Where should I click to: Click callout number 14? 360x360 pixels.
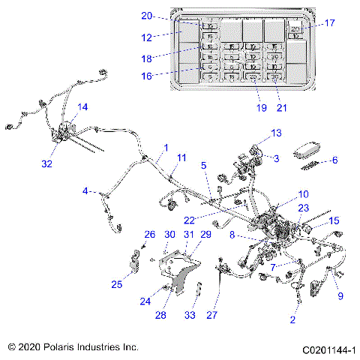[82, 107]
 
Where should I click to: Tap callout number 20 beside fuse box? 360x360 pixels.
[146, 16]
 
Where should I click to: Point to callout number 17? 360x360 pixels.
[329, 22]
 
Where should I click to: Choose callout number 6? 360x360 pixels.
[334, 160]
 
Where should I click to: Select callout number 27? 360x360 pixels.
[211, 315]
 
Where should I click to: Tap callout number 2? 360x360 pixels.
[293, 319]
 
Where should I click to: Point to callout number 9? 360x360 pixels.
[341, 295]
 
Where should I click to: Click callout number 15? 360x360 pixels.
[334, 220]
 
